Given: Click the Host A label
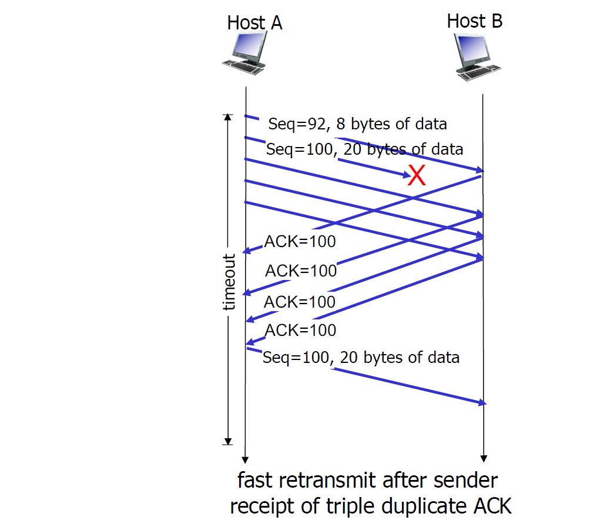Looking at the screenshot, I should pos(254,23).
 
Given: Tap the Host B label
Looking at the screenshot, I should pos(474,21).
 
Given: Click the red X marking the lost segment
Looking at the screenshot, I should pos(417,175).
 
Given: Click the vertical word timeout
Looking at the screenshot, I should pos(229,282).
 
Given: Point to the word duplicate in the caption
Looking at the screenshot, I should pos(422,506).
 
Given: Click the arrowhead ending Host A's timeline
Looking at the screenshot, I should pos(246,459).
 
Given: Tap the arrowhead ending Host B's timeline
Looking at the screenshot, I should pos(483,458).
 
